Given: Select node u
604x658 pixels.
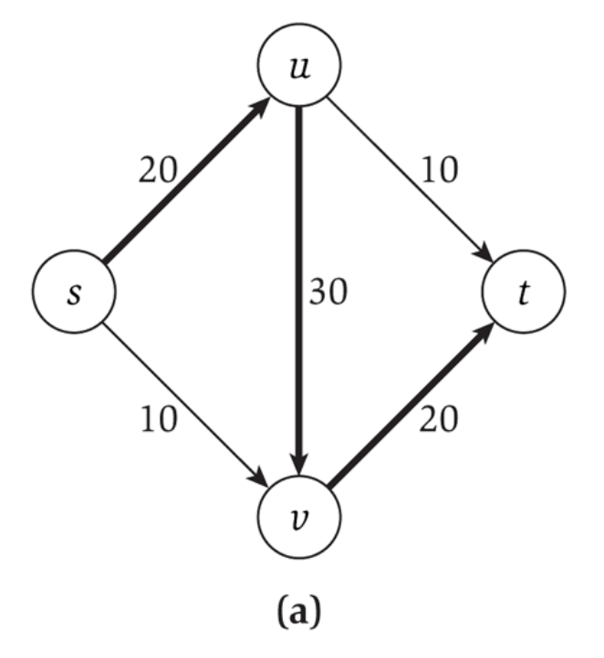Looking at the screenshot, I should click(297, 69).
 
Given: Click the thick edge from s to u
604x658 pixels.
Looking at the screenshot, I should click(182, 182).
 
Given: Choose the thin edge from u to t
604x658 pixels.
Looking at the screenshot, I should click(411, 182).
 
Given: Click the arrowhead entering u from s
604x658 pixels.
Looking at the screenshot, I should click(259, 106).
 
